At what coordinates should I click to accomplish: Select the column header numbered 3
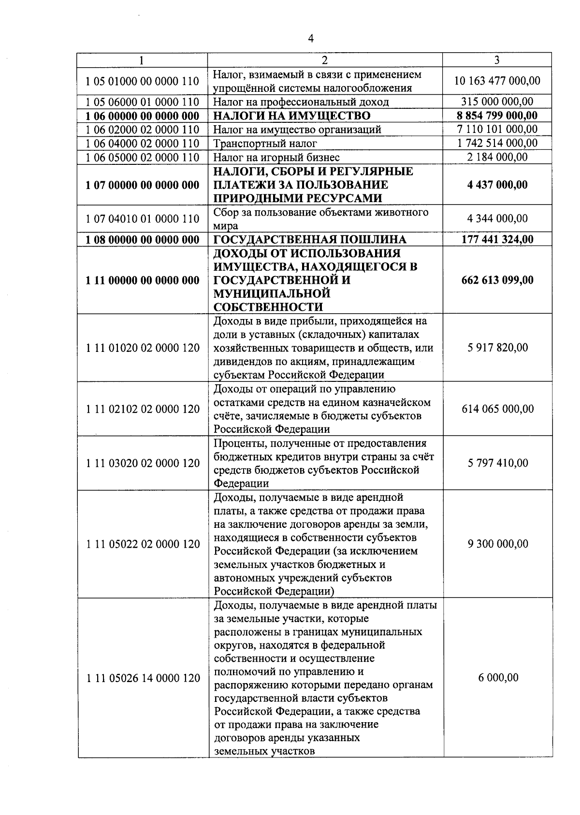(x=497, y=60)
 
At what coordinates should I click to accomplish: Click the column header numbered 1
(x=141, y=60)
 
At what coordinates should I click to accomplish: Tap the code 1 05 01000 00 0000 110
(x=143, y=81)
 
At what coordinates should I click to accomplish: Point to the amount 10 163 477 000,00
(x=497, y=81)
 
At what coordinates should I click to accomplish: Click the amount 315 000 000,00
(x=497, y=102)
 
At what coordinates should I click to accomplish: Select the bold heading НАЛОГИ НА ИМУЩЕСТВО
(x=292, y=116)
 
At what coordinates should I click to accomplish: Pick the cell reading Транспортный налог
(x=265, y=144)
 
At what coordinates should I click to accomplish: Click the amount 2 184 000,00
(x=497, y=157)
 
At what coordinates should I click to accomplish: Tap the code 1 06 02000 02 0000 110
(x=143, y=130)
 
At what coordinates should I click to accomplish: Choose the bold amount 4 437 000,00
(x=497, y=185)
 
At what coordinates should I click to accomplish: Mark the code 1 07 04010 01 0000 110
(x=143, y=219)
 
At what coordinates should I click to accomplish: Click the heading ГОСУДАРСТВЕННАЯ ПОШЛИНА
(x=310, y=240)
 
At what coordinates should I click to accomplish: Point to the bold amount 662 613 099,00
(x=497, y=280)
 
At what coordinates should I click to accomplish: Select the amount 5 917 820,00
(x=497, y=348)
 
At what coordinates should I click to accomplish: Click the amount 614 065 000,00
(x=497, y=409)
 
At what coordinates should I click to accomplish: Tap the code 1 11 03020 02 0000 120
(x=143, y=463)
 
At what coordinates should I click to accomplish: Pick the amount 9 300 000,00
(x=497, y=544)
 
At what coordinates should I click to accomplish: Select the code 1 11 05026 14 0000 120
(x=143, y=678)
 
